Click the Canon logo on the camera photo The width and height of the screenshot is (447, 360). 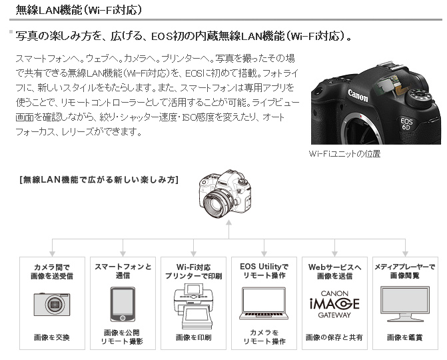pos(358,95)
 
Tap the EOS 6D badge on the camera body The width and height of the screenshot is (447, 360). pos(406,123)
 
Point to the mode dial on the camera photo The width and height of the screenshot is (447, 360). pos(419,97)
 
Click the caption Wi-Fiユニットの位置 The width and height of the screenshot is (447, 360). pos(344,154)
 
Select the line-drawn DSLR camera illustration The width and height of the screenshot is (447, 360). pos(225,194)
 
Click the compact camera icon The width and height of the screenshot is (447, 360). pos(52,304)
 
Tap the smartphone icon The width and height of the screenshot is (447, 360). pos(123,305)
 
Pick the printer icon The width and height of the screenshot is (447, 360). pos(193,306)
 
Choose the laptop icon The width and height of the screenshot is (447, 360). pos(264,303)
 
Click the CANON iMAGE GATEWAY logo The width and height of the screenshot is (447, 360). pos(334,304)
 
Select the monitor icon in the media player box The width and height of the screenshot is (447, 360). pos(405,304)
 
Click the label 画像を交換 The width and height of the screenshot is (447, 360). pos(52,337)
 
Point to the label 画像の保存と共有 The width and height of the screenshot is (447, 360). pos(334,337)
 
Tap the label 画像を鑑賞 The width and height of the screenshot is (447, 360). pos(405,337)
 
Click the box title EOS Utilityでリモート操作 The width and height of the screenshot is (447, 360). pos(264,271)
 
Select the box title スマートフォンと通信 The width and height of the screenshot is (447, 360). pos(123,271)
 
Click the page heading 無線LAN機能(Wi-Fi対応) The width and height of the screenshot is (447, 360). pos(79,10)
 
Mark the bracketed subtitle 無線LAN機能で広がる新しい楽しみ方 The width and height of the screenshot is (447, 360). pos(99,180)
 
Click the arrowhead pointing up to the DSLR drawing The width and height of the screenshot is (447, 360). pos(228,223)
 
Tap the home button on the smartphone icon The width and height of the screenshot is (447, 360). pos(123,318)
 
